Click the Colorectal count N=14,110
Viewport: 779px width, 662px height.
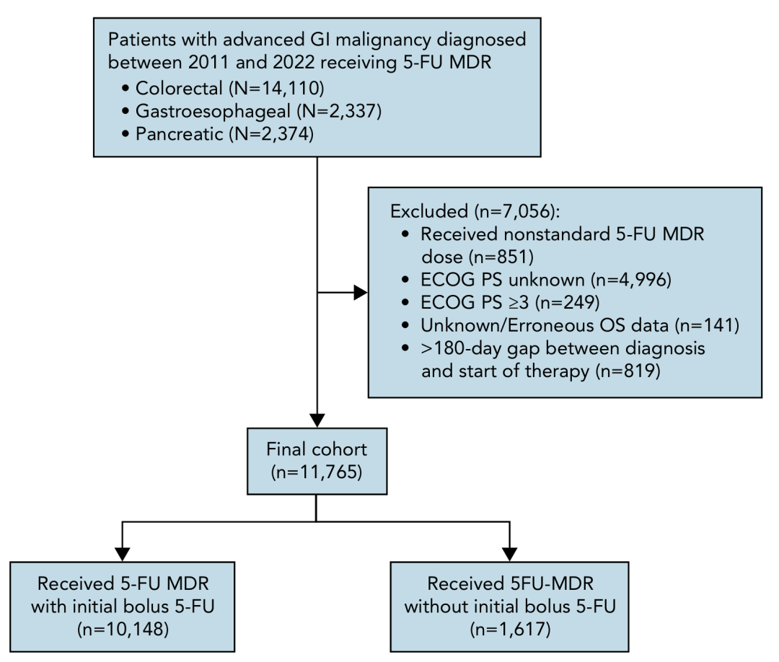click(277, 89)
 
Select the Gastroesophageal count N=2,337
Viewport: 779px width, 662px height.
click(339, 111)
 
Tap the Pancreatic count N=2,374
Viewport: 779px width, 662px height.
click(271, 134)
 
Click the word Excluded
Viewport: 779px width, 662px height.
click(429, 211)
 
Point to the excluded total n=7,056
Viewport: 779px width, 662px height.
click(516, 211)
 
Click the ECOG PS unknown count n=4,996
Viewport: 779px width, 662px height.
click(631, 280)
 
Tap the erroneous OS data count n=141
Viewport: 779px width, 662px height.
click(706, 326)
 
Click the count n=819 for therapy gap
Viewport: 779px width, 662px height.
click(628, 371)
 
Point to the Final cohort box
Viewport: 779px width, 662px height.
click(317, 462)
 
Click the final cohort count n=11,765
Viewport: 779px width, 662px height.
click(317, 472)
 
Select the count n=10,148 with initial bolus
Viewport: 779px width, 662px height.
click(123, 630)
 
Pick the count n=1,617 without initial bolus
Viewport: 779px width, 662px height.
click(510, 630)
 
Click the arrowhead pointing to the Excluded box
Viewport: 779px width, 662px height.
click(361, 293)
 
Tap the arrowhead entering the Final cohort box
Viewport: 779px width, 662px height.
click(317, 420)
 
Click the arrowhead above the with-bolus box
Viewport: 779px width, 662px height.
click(122, 555)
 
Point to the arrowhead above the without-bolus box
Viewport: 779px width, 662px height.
click(510, 555)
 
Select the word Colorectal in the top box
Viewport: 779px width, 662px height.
click(179, 89)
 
